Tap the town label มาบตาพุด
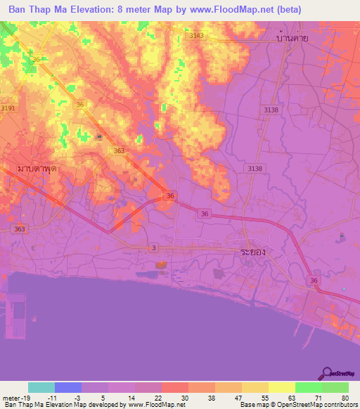point(37,169)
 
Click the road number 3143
point(197,35)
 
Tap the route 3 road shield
point(153,247)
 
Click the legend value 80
point(345,397)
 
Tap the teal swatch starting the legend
point(41,387)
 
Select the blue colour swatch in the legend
point(68,387)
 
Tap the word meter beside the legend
point(11,397)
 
